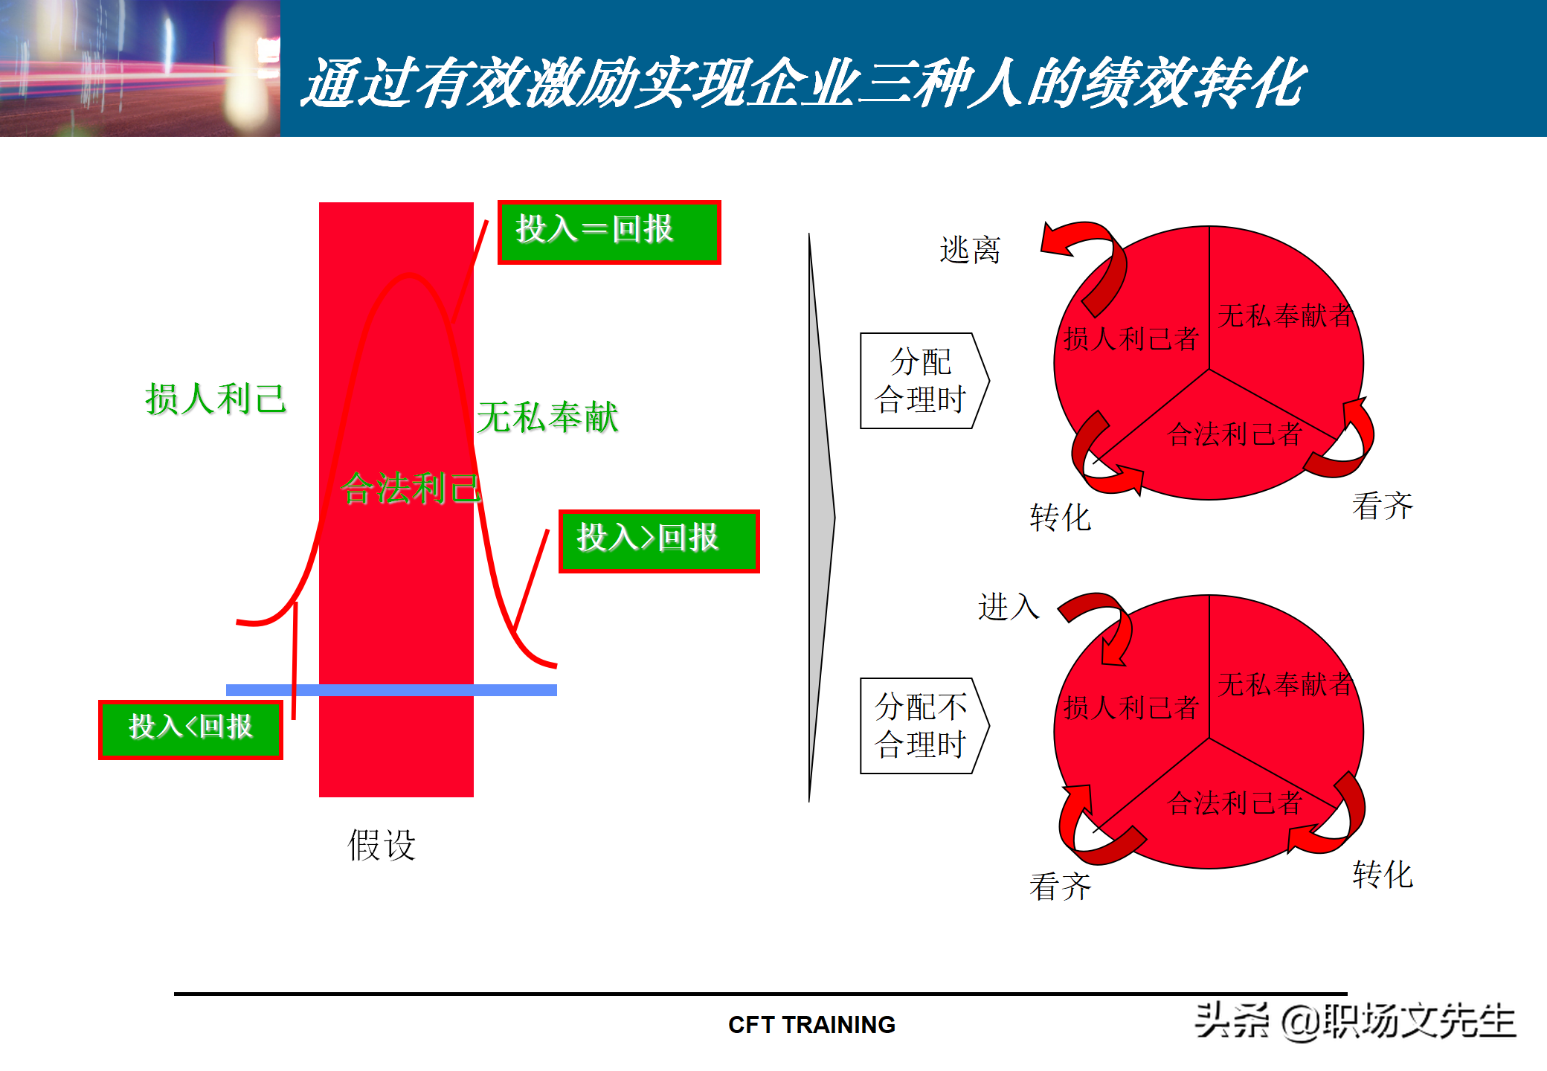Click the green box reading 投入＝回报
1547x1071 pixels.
click(x=608, y=231)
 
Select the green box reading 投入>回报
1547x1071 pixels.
click(x=658, y=541)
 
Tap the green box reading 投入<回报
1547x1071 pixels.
click(x=190, y=729)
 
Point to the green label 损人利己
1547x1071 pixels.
click(x=216, y=399)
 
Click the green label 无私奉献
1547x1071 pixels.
click(x=547, y=417)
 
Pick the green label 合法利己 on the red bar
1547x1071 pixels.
click(x=411, y=489)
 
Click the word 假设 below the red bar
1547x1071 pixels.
click(x=382, y=845)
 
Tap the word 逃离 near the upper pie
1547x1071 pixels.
click(x=970, y=250)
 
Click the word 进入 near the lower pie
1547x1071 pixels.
click(x=1009, y=607)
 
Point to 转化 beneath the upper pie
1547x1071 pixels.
click(x=1061, y=518)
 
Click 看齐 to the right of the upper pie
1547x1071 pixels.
click(x=1383, y=506)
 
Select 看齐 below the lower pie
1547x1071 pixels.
click(x=1061, y=887)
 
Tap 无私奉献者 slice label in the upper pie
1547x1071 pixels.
click(x=1285, y=315)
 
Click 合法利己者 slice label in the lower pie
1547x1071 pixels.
click(x=1235, y=803)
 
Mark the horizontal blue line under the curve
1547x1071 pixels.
click(x=391, y=690)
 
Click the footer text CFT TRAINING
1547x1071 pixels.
click(x=811, y=1025)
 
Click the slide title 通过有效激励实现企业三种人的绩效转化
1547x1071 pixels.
click(x=803, y=82)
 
